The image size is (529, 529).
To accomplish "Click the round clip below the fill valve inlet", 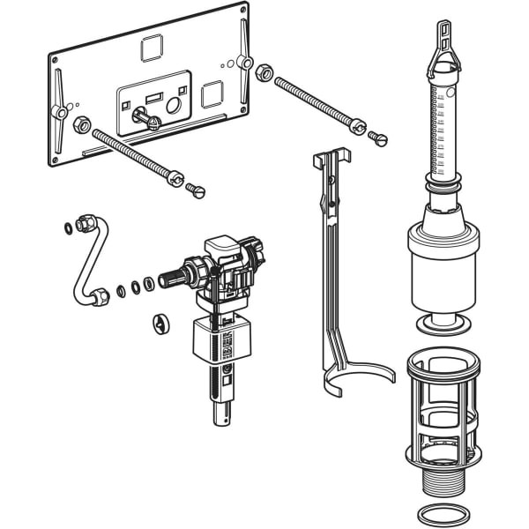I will point(160,322).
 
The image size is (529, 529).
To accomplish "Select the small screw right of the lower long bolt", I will point(197,190).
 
